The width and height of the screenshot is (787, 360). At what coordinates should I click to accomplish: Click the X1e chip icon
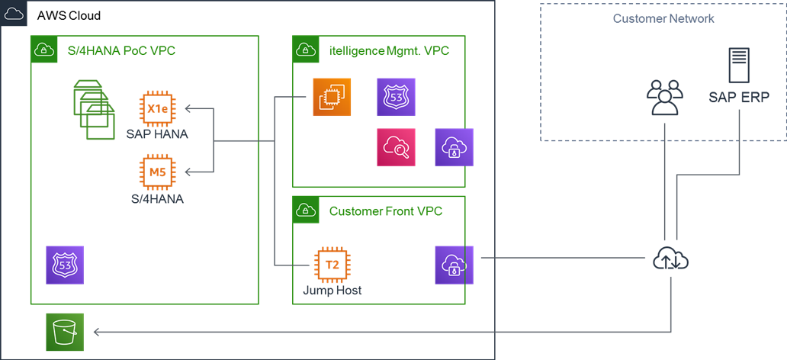pos(157,109)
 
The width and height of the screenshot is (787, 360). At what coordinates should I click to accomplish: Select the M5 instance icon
pos(157,172)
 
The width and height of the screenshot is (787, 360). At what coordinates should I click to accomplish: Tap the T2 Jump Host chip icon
pos(332,265)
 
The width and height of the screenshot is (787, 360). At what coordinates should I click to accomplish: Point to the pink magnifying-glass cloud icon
pos(396,146)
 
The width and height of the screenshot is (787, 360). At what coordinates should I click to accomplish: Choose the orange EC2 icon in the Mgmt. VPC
pos(332,97)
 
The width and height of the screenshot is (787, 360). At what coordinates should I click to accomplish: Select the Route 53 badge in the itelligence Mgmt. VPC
pos(396,97)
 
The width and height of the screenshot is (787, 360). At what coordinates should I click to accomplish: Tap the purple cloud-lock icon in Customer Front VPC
pos(454,265)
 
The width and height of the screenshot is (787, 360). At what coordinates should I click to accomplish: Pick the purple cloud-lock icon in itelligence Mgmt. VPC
pos(454,146)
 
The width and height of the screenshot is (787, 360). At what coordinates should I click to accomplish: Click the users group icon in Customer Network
pos(662,97)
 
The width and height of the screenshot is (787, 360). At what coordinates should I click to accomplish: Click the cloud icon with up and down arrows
pos(671,260)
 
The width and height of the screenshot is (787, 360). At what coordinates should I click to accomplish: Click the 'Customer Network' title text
pos(663,18)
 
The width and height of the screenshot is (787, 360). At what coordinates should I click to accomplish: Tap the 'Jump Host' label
pos(332,291)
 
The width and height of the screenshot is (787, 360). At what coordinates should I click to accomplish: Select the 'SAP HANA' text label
pos(157,134)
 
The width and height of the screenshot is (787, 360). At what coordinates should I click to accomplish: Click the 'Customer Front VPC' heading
pos(385,211)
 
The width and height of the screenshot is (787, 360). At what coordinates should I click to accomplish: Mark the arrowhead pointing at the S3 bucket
pos(96,333)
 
